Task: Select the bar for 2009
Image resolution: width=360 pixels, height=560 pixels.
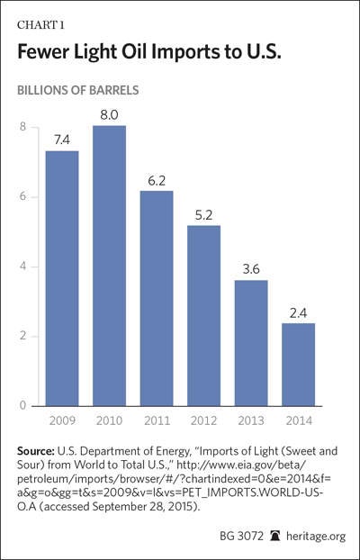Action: [62, 278]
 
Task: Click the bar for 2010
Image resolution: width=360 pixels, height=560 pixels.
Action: [109, 266]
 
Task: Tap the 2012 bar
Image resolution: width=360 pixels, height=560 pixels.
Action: [204, 316]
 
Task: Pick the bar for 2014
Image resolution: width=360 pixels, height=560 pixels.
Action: [299, 365]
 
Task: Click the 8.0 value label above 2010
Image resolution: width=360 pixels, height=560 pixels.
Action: [109, 116]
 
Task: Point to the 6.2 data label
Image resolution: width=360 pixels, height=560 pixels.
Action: [157, 181]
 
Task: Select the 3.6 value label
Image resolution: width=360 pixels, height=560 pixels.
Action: [251, 269]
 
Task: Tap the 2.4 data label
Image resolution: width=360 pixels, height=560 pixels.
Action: [299, 313]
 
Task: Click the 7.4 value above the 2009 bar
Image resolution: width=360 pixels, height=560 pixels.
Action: [62, 140]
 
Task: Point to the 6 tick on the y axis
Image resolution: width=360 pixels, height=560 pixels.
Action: [22, 197]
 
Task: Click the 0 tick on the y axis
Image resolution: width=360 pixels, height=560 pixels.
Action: [22, 406]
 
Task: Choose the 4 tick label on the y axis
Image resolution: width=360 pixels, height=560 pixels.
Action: [22, 266]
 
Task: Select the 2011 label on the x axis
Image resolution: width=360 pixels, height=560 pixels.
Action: [157, 420]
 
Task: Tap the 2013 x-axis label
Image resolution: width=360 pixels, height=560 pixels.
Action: [251, 420]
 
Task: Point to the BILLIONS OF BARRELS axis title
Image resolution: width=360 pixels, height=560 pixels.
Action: [78, 90]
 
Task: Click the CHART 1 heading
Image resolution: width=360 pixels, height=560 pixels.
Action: [40, 25]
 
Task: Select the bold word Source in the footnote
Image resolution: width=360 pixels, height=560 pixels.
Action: [36, 451]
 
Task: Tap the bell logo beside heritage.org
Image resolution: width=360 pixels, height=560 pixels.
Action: [275, 536]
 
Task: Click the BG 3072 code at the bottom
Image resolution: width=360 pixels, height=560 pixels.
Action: [241, 536]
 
